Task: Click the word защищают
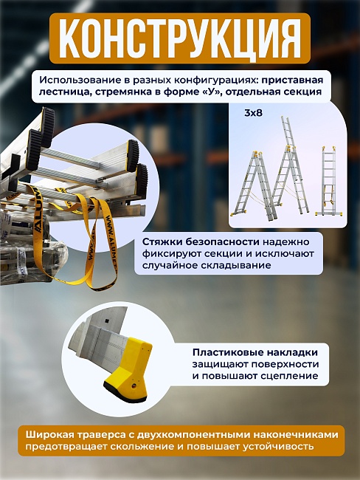pos(218,365)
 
